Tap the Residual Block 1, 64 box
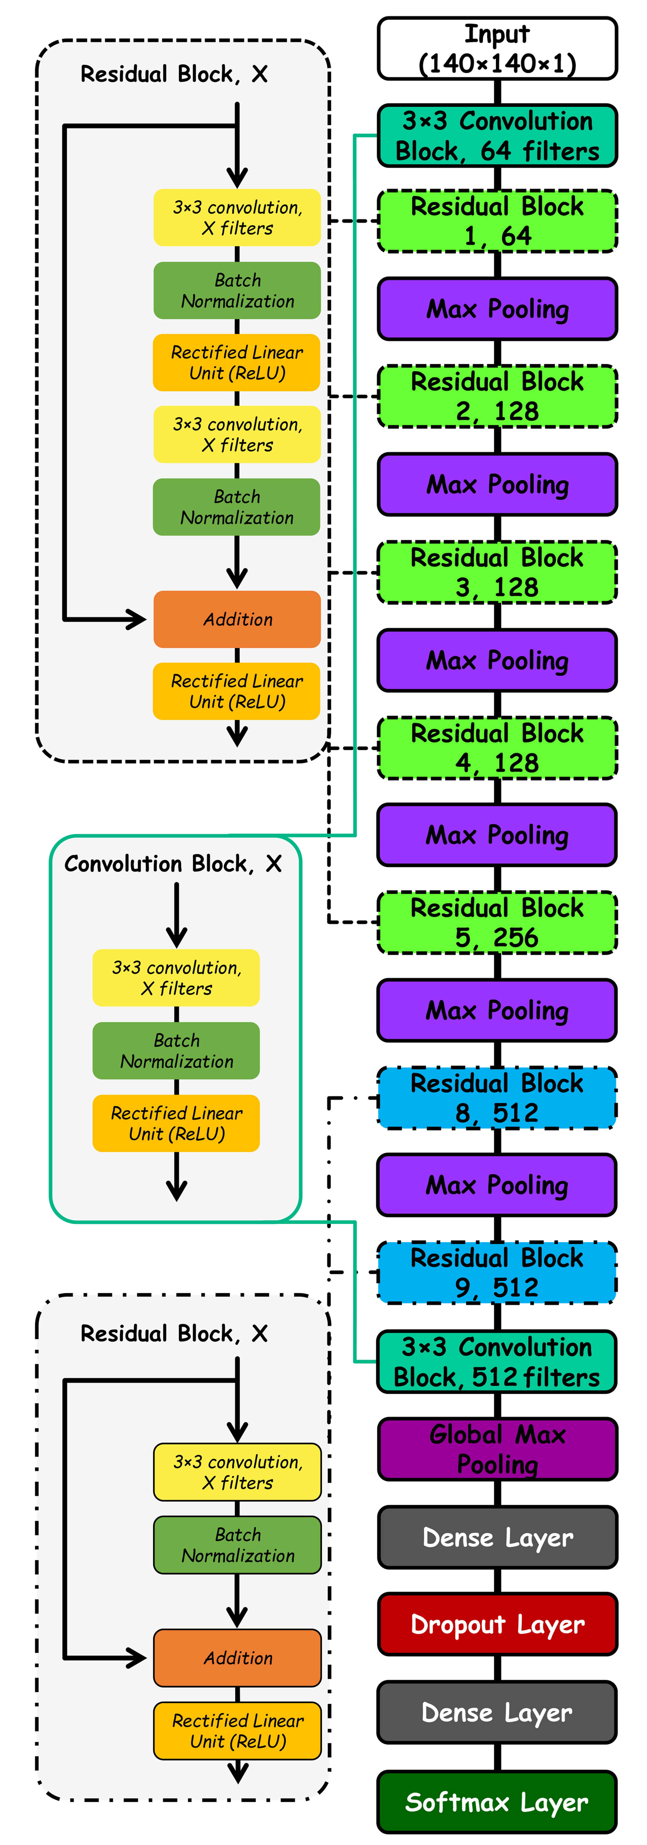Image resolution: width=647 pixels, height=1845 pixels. point(497,221)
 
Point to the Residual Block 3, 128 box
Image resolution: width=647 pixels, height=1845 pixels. point(497,572)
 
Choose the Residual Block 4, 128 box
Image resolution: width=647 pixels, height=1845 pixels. point(497,748)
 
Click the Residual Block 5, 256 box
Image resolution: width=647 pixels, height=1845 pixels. point(497,922)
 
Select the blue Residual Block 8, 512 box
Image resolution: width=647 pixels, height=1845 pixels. point(497,1098)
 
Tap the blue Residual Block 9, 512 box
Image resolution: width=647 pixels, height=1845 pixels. point(497,1273)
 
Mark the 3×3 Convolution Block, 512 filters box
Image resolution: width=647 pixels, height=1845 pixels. point(497,1362)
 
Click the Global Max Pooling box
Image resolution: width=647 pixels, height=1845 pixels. point(497,1449)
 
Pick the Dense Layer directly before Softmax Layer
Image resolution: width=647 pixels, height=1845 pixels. point(497,1712)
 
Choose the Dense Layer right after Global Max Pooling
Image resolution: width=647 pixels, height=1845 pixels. point(497,1537)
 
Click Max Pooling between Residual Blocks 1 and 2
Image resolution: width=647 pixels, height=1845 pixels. point(497,309)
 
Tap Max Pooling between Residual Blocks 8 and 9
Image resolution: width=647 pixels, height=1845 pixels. point(497,1185)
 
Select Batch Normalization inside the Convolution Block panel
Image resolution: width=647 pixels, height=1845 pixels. point(176,1051)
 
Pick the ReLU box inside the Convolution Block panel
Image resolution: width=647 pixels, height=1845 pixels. point(176,1123)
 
